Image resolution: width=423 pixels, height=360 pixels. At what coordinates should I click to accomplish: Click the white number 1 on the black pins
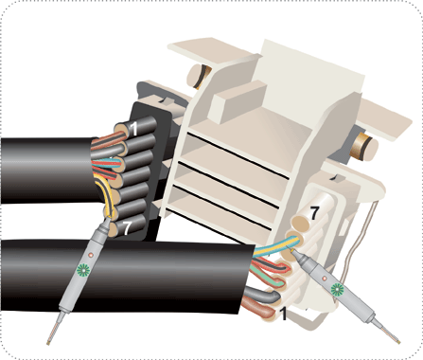(x=134, y=129)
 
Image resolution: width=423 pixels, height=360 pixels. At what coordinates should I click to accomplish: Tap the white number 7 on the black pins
(x=127, y=228)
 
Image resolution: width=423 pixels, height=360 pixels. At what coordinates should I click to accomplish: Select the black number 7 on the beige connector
(x=314, y=213)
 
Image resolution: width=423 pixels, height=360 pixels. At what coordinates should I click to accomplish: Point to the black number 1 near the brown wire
(x=284, y=314)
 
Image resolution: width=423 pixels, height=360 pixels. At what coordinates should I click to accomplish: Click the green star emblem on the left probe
(x=84, y=270)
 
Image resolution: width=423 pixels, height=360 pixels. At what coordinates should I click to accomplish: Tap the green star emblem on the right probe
(x=337, y=289)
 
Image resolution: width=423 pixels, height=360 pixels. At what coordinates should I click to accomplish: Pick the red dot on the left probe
(x=91, y=255)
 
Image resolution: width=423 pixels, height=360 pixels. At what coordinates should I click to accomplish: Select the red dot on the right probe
(x=325, y=279)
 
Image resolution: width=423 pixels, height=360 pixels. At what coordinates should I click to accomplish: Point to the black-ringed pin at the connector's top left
(x=200, y=76)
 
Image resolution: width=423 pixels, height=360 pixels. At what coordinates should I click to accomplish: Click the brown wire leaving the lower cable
(x=258, y=308)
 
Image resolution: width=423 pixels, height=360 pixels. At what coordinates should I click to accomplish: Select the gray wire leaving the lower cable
(x=263, y=294)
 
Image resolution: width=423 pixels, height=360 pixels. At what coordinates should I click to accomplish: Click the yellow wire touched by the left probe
(x=106, y=195)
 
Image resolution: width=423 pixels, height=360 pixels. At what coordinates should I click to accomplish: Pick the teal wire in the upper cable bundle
(x=106, y=164)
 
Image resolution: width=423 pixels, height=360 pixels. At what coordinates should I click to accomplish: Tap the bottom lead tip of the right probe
(x=398, y=342)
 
